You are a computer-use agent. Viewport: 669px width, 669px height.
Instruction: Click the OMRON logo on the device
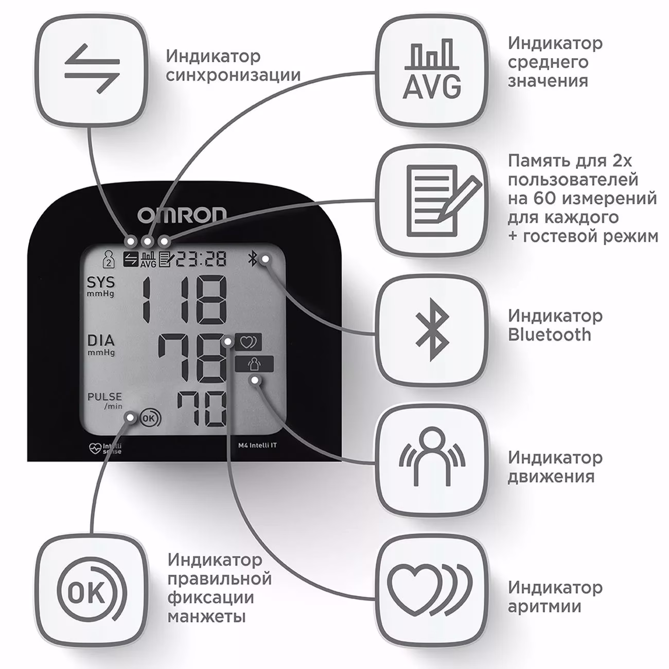[182, 215]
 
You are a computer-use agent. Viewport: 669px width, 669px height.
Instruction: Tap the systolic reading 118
[184, 298]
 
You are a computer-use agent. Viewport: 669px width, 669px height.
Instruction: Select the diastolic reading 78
[191, 358]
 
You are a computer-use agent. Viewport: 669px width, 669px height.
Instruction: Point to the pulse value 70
[202, 409]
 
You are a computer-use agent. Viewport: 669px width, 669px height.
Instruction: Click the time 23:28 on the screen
[201, 259]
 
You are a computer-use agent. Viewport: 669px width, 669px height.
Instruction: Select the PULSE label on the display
[104, 396]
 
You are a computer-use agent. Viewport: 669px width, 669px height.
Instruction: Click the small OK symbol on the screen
[150, 418]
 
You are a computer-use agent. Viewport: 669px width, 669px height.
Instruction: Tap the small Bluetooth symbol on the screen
[252, 259]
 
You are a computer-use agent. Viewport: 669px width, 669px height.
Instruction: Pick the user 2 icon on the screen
[109, 259]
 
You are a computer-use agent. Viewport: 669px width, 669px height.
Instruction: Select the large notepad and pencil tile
[432, 200]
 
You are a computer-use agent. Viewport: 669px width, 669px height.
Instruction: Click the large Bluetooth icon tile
[432, 330]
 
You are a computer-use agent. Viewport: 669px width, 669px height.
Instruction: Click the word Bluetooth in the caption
[549, 335]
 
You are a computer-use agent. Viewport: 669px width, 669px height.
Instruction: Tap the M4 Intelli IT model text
[257, 446]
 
